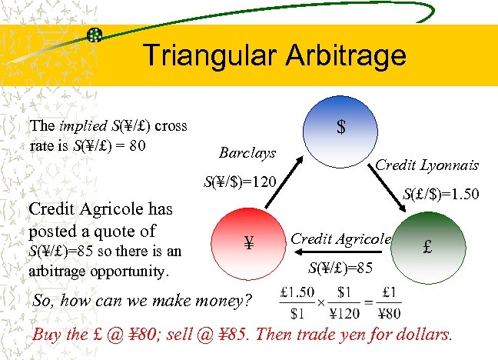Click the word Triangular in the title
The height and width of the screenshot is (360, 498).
tap(201, 55)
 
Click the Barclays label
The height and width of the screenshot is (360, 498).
tap(247, 152)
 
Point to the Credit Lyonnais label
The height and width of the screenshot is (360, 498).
tap(427, 165)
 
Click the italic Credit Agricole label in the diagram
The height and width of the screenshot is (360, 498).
tap(340, 239)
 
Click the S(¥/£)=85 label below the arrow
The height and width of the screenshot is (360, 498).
tap(340, 268)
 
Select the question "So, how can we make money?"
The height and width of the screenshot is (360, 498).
tap(142, 301)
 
